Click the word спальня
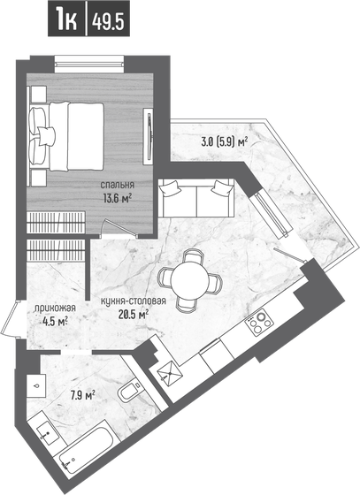pos(116,185)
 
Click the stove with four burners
pos(257,324)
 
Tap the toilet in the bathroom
pos(126,392)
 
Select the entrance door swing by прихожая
pos(11,319)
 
